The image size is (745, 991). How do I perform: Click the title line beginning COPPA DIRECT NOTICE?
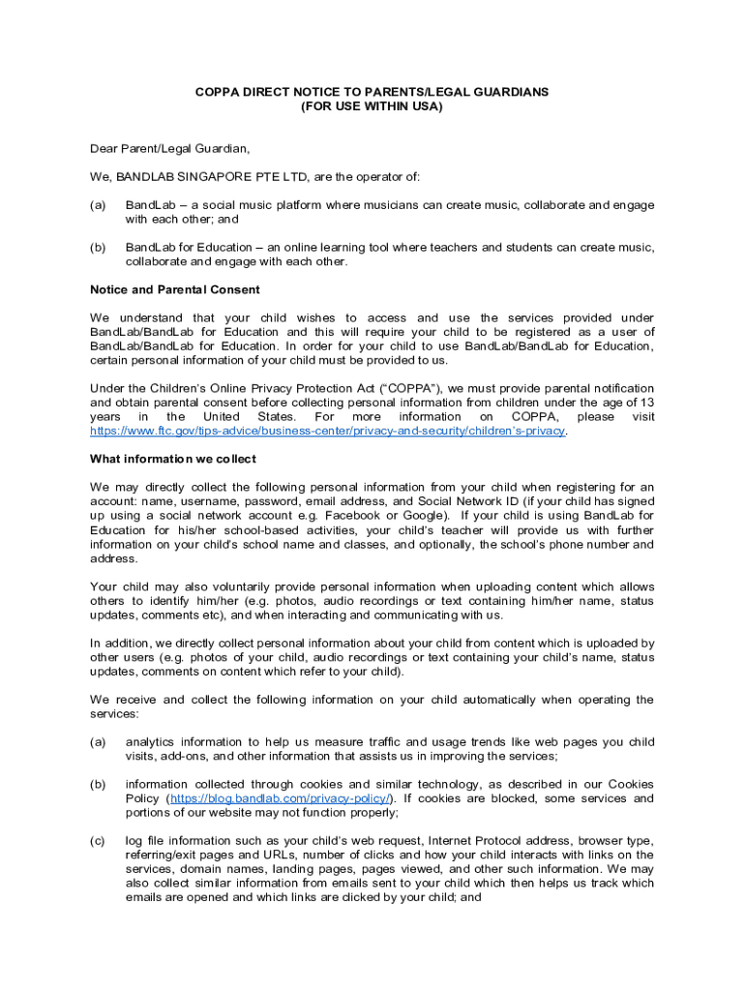372,92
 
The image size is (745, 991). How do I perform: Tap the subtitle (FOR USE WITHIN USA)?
372,106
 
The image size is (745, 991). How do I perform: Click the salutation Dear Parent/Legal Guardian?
170,149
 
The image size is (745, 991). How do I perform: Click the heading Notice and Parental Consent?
174,289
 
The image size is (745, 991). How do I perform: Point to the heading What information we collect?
172,459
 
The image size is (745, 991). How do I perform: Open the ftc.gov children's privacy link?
327,431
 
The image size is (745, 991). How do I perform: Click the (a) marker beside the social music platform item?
98,205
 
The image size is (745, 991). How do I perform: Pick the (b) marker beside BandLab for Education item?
98,248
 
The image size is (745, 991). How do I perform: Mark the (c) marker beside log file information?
98,841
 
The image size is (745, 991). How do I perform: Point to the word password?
273,501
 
